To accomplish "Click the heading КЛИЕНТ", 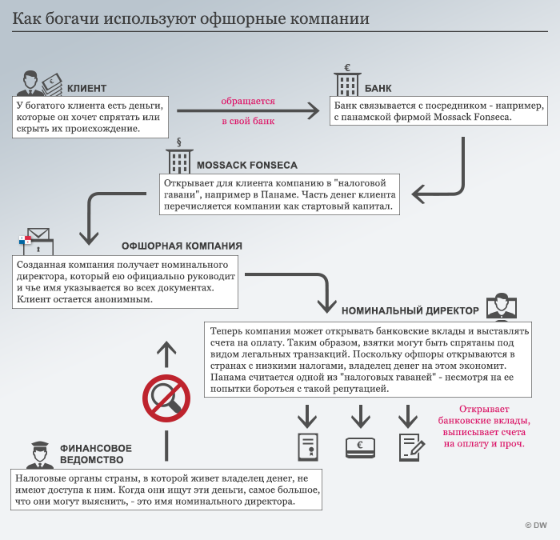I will (86, 88).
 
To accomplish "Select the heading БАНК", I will (378, 88).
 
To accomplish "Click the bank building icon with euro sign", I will (347, 80).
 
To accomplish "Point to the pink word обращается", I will (248, 102).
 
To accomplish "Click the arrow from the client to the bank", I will (248, 112).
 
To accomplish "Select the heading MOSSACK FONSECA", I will (246, 166).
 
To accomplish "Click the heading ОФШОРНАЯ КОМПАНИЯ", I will (182, 246).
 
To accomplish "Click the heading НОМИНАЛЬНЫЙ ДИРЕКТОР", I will (410, 310).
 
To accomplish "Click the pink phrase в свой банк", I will (248, 122).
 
